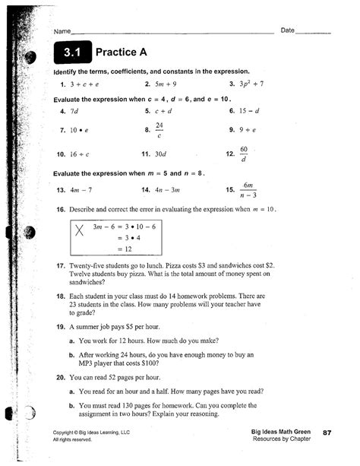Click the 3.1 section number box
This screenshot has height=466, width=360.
click(x=71, y=53)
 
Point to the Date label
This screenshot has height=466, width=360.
click(x=287, y=30)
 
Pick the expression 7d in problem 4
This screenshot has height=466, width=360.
click(x=74, y=111)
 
